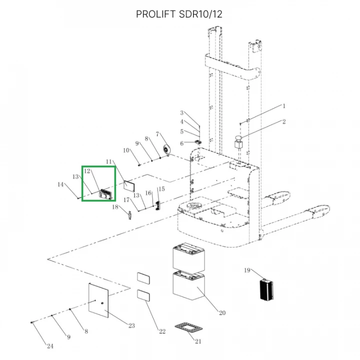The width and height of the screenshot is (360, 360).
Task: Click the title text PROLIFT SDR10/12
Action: click(179, 14)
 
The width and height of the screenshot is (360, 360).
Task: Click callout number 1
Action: click(284, 106)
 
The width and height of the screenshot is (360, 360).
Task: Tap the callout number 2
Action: click(284, 121)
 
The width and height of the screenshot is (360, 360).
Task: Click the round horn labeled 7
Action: click(166, 149)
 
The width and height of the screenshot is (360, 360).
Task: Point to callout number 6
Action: click(182, 143)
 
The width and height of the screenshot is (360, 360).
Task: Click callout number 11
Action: click(109, 161)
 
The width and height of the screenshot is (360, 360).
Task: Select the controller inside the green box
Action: click(106, 194)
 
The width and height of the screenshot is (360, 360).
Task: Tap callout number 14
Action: click(60, 184)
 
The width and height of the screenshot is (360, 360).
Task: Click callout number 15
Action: click(161, 189)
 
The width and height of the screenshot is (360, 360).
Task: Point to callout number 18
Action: click(115, 207)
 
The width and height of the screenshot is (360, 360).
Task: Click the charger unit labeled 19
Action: click(266, 289)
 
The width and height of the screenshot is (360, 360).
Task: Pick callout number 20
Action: click(222, 312)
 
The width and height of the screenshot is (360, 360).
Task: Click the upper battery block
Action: click(188, 256)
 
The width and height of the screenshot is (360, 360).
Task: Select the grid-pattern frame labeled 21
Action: click(188, 327)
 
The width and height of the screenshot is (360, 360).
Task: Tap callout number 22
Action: click(162, 331)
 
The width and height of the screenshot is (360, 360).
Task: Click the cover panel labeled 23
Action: click(98, 300)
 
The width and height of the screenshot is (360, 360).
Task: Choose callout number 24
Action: click(50, 346)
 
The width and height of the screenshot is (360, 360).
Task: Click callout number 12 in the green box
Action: click(87, 171)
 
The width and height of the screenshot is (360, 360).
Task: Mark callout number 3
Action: click(182, 112)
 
